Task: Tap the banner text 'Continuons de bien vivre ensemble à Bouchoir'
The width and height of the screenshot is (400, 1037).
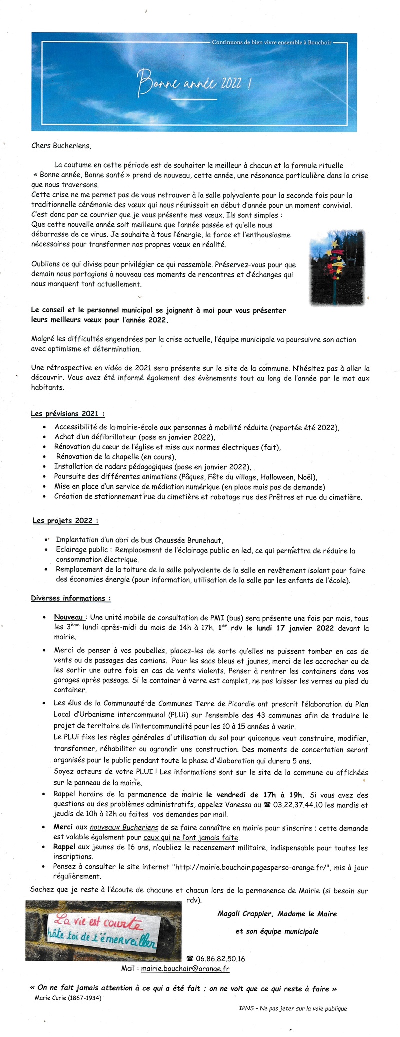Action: (x=271, y=43)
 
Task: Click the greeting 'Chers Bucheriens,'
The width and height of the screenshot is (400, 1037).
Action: (x=61, y=146)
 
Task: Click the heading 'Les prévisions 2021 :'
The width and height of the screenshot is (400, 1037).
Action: (x=68, y=414)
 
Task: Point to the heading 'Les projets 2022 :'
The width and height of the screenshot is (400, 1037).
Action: (x=65, y=521)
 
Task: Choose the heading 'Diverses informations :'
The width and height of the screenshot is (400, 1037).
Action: (x=71, y=598)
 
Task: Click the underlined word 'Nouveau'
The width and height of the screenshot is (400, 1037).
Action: (x=69, y=618)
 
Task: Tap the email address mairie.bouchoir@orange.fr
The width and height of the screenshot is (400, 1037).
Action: (x=185, y=969)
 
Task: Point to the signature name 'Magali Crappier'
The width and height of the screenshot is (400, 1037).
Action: (x=245, y=913)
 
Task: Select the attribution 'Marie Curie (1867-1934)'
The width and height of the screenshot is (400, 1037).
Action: (x=69, y=998)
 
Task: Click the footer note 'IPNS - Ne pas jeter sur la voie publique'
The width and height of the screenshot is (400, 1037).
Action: (x=292, y=1008)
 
